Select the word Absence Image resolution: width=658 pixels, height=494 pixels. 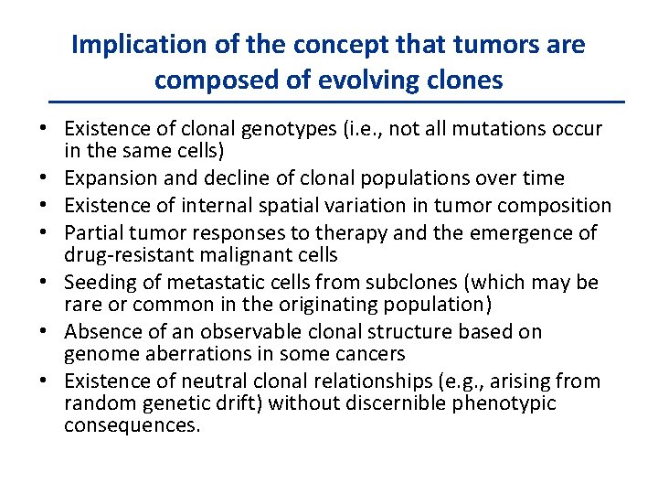tap(101, 331)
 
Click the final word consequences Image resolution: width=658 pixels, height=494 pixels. tap(132, 425)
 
